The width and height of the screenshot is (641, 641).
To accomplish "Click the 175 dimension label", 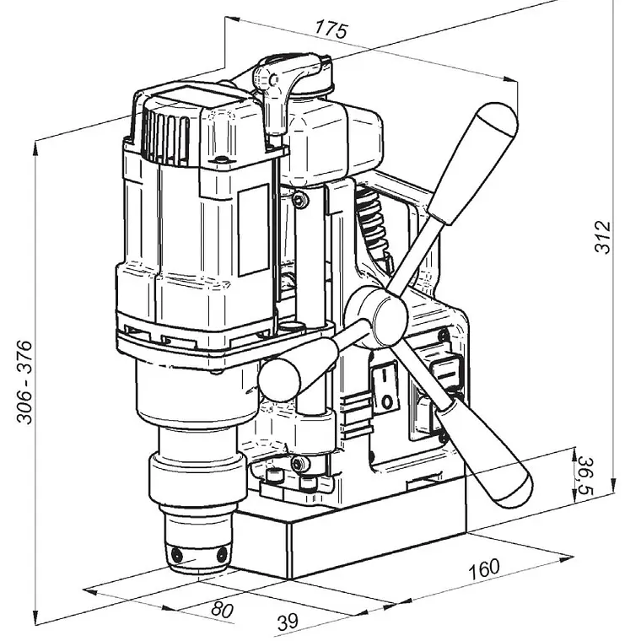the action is click(331, 30).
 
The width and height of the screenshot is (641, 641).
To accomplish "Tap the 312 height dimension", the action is click(603, 237).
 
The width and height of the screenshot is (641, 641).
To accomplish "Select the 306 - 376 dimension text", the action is click(24, 382).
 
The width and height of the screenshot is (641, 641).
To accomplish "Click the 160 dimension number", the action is click(484, 568).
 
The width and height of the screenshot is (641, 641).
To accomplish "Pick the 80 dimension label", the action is click(223, 610).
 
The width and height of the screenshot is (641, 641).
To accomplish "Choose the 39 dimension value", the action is click(288, 622).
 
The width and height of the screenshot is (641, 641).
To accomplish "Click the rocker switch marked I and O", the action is click(385, 385).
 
